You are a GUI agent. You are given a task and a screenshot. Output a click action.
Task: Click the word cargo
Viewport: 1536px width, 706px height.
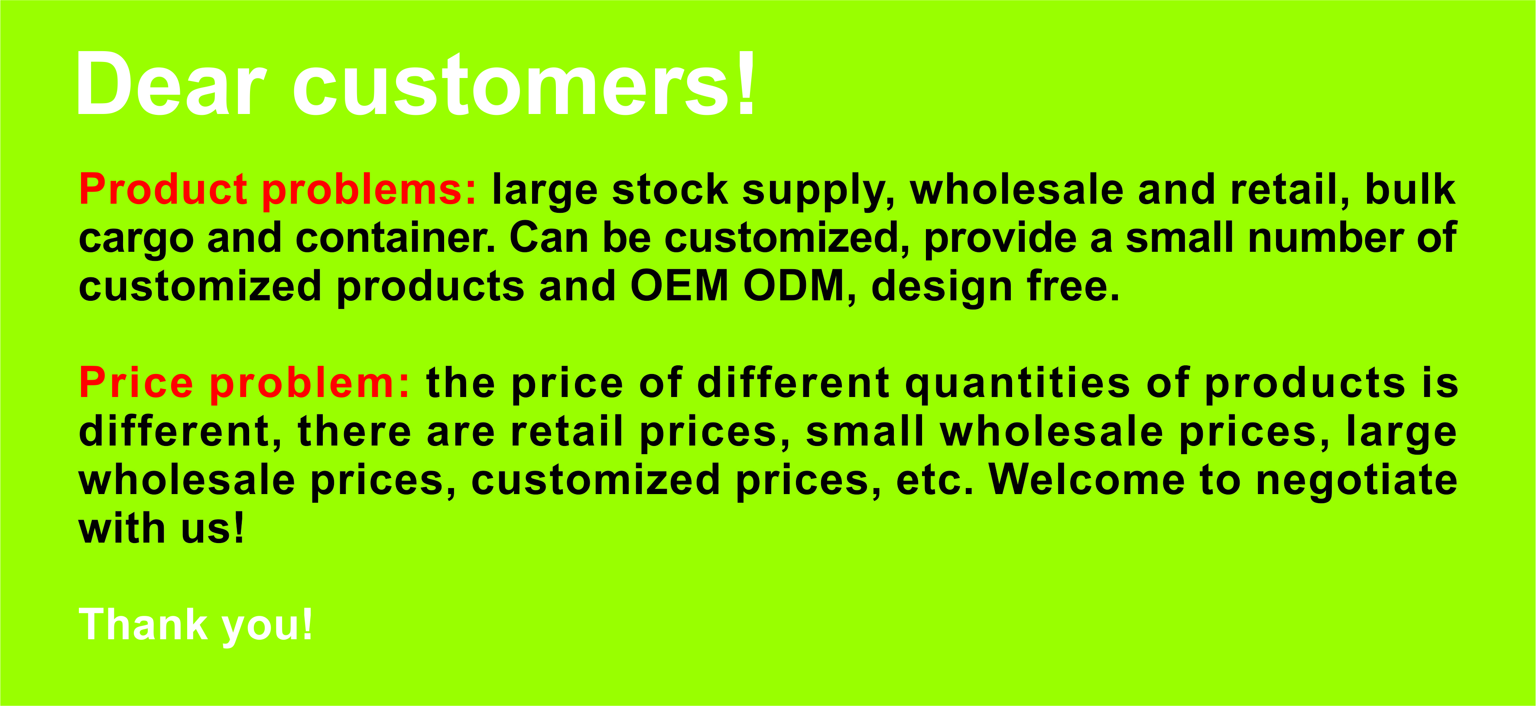136,238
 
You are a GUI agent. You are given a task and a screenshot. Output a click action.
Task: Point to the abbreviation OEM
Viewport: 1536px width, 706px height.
679,287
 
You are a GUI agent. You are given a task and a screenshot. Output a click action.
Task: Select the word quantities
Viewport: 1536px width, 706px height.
1016,384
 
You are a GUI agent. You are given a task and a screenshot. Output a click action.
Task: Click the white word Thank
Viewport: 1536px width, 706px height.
143,625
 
